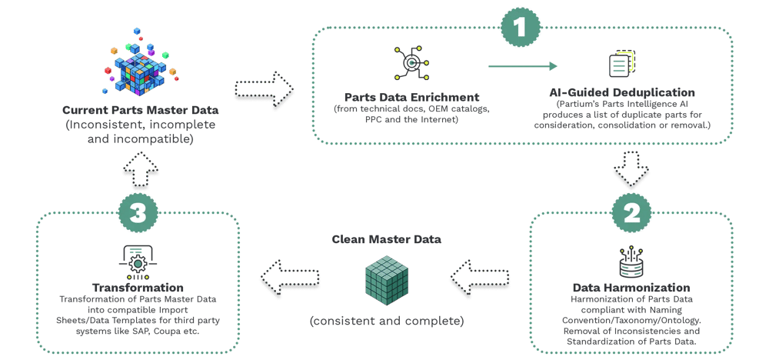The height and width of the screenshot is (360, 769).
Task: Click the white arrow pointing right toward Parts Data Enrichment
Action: (264, 92)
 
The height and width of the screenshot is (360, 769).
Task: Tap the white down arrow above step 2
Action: (631, 167)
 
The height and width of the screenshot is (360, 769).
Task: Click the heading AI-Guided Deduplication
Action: (623, 93)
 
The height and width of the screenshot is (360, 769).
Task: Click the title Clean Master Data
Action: (387, 239)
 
